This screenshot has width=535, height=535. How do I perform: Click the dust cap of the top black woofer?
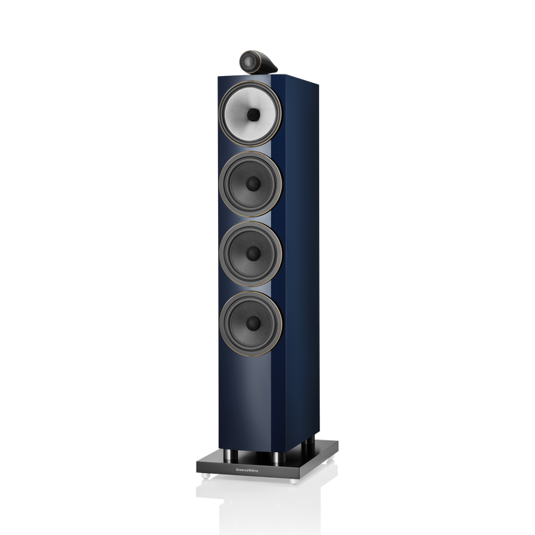coord(252,183)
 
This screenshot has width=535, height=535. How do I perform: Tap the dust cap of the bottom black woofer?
coord(252,322)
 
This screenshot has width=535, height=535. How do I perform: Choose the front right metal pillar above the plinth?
coord(276,459)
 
